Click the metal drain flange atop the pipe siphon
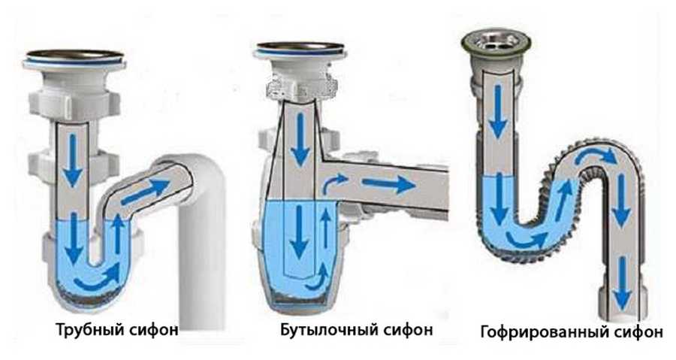pos(74,58)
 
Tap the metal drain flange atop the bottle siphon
pos(300,49)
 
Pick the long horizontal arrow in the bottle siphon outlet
pos(388,184)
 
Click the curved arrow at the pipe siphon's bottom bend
pos(98,278)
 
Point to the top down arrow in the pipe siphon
pos(73,160)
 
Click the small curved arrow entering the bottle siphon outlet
pos(335,183)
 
